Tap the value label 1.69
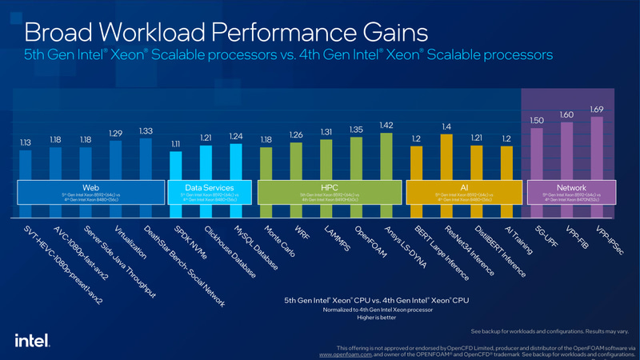pyautogui.click(x=596, y=109)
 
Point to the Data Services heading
pyautogui.click(x=207, y=187)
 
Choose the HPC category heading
pyautogui.click(x=330, y=187)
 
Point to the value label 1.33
pyautogui.click(x=146, y=130)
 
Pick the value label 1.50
pyautogui.click(x=536, y=120)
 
